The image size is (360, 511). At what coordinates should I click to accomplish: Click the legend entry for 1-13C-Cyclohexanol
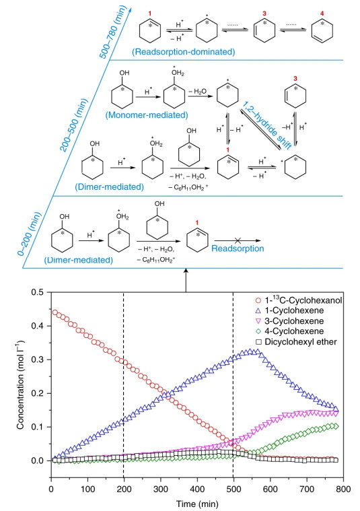(x=298, y=300)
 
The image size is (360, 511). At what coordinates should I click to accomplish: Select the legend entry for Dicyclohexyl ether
(x=296, y=342)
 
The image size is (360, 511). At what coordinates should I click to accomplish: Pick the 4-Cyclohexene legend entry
(x=289, y=331)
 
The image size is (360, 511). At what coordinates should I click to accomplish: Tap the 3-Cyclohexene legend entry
(x=289, y=321)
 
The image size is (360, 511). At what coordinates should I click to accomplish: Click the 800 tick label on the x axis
(x=343, y=489)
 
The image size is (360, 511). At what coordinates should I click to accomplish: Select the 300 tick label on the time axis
(x=161, y=489)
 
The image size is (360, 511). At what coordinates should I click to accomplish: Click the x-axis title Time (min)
(x=197, y=504)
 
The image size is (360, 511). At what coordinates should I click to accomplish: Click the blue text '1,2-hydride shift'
(x=267, y=125)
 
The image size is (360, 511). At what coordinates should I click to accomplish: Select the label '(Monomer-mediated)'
(x=147, y=115)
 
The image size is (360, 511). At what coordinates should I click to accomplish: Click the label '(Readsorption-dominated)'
(x=184, y=51)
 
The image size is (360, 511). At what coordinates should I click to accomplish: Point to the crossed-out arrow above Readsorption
(x=238, y=240)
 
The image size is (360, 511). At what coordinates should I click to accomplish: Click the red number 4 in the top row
(x=322, y=14)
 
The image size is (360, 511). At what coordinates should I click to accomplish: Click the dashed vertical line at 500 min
(x=233, y=385)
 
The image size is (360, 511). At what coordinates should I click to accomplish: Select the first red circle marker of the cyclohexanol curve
(x=55, y=312)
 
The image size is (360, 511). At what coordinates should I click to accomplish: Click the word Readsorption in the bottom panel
(x=238, y=248)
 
